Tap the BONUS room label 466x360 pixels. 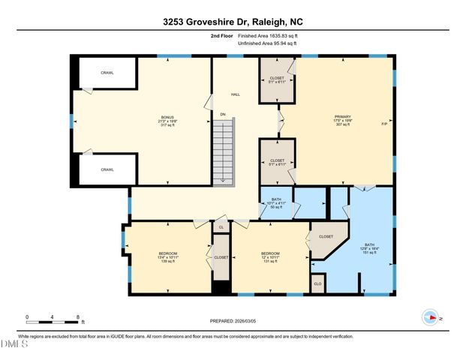[x=168, y=121]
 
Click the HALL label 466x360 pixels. [x=235, y=94]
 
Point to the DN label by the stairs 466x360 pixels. [x=222, y=115]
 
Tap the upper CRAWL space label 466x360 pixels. [x=107, y=73]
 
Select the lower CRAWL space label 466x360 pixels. [x=107, y=169]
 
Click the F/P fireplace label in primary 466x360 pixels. [x=383, y=124]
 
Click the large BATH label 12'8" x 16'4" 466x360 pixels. [x=369, y=248]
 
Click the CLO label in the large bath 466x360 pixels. [x=317, y=284]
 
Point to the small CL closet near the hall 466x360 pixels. [x=221, y=226]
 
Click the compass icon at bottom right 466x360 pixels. [x=431, y=316]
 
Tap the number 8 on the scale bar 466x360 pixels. [x=78, y=316]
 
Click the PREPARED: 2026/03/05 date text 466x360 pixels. [x=232, y=321]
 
